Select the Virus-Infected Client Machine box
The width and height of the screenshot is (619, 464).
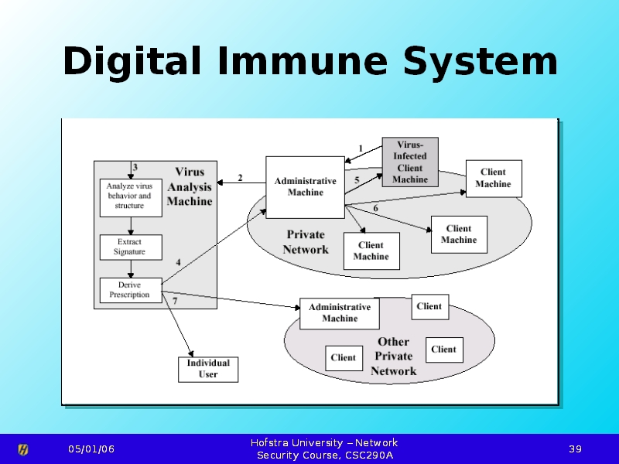410,162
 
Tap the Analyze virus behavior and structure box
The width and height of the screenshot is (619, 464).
130,196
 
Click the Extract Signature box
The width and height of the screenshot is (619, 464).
130,247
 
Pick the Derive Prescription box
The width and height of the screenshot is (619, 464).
130,289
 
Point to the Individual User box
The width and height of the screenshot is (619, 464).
208,369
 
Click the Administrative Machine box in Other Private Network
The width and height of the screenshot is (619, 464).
340,313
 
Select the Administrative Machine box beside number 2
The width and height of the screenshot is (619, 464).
306,186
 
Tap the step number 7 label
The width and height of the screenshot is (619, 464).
174,301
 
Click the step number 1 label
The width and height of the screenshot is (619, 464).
361,147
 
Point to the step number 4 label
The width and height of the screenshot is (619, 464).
179,262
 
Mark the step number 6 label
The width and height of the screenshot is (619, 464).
376,208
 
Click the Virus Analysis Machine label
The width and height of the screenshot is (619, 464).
190,186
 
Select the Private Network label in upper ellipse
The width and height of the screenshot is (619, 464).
306,241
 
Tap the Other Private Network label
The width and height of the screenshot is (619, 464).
393,357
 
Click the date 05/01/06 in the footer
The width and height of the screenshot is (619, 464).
91,449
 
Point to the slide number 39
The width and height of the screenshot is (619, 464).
575,449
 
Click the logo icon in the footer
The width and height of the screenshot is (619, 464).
23,449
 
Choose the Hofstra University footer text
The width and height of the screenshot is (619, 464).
324,449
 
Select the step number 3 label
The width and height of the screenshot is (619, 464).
135,166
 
